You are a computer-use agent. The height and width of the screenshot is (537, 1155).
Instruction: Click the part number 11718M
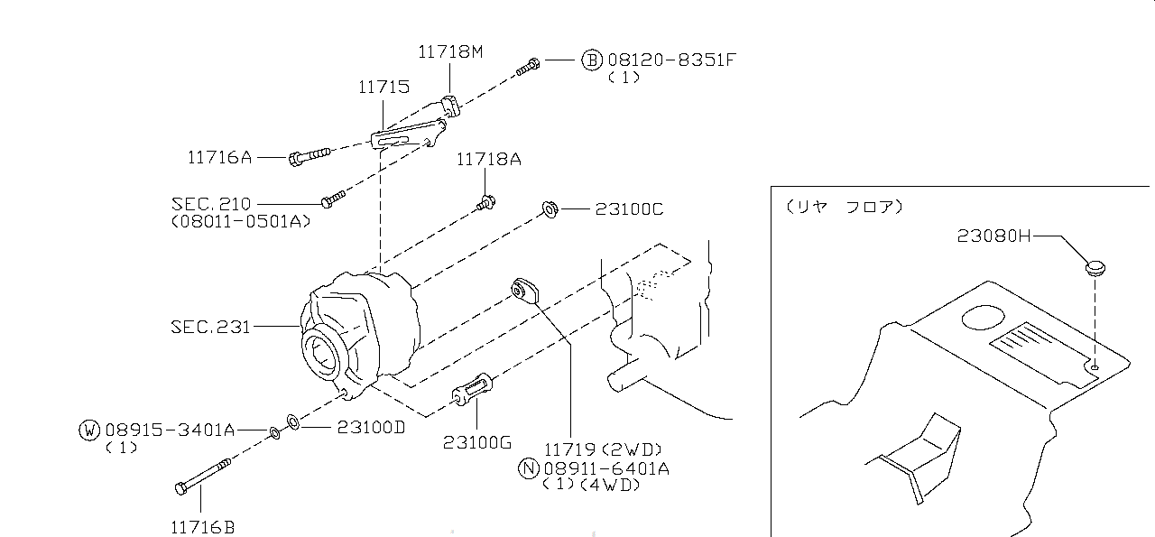449,52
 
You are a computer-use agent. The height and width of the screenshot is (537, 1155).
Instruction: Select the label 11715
383,88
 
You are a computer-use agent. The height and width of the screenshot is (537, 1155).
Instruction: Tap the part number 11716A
219,157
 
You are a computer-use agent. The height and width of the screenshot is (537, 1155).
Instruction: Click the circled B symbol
591,60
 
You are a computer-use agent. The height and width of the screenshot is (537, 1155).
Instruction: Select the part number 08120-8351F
671,60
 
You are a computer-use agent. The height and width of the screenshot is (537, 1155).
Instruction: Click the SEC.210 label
210,204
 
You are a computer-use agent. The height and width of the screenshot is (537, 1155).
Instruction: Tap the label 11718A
488,160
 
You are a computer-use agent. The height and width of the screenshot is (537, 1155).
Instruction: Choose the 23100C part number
629,209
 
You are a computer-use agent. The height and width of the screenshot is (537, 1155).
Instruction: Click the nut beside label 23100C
548,210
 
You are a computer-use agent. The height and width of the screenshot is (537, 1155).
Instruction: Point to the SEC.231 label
210,326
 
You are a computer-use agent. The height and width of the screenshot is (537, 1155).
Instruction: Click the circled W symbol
88,430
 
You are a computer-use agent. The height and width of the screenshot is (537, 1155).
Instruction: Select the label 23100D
371,427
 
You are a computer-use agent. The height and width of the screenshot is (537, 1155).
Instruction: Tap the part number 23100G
476,442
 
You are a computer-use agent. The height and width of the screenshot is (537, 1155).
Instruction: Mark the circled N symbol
528,468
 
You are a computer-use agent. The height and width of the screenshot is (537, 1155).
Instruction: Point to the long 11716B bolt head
181,487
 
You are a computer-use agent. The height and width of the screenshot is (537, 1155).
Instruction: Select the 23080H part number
993,236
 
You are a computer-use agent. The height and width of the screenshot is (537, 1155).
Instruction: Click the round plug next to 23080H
1095,267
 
